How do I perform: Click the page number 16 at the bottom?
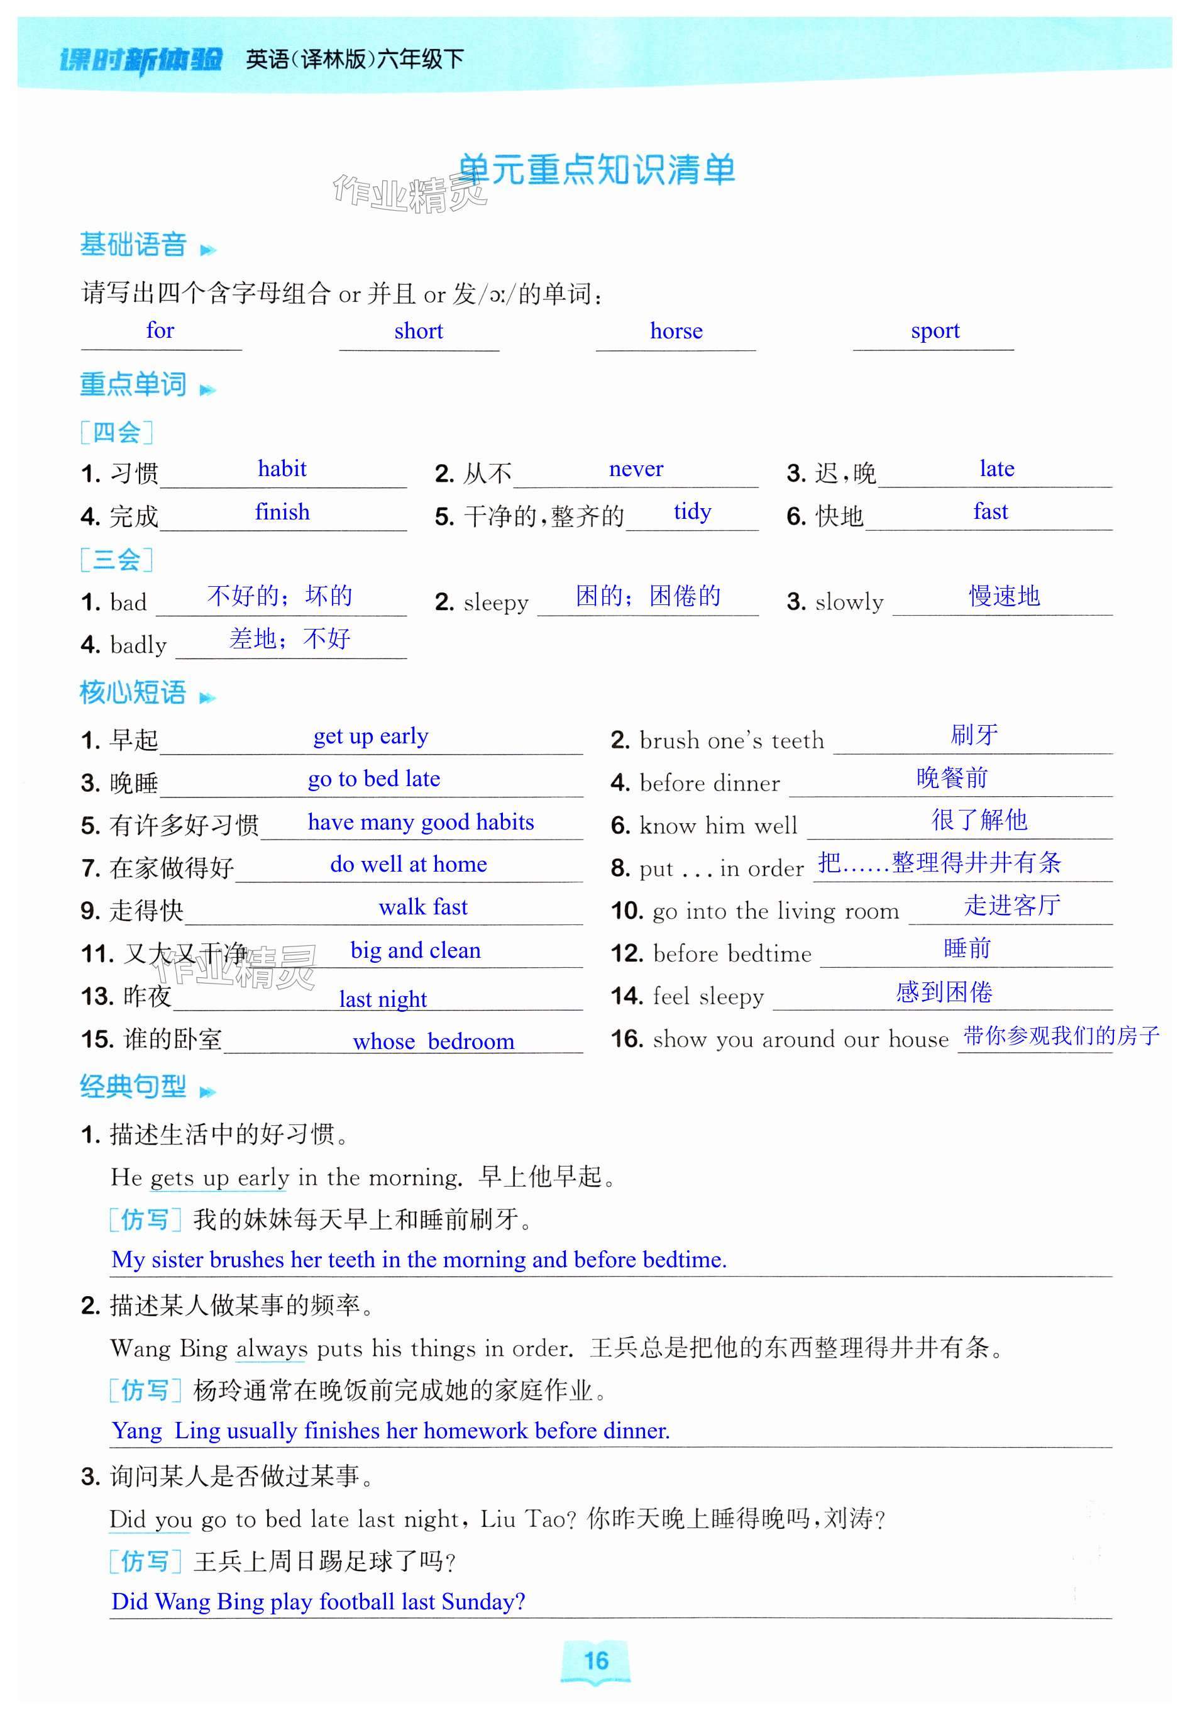pyautogui.click(x=596, y=1661)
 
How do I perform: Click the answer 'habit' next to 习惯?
pyautogui.click(x=282, y=469)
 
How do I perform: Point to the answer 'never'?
pyautogui.click(x=636, y=469)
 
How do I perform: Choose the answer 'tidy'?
pyautogui.click(x=692, y=512)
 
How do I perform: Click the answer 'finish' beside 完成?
pyautogui.click(x=282, y=512)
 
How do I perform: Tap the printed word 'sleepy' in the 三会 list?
pyautogui.click(x=496, y=602)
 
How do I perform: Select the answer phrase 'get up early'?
pyautogui.click(x=370, y=736)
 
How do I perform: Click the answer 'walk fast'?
pyautogui.click(x=423, y=907)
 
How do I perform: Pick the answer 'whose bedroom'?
pyautogui.click(x=433, y=1041)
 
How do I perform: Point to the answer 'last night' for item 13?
pyautogui.click(x=382, y=999)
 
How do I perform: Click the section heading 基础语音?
pyautogui.click(x=133, y=245)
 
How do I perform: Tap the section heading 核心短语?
pyautogui.click(x=133, y=693)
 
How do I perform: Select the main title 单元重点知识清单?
pyautogui.click(x=596, y=170)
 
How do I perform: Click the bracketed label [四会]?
pyautogui.click(x=116, y=432)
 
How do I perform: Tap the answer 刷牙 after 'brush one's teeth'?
pyautogui.click(x=974, y=735)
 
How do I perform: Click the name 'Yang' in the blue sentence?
pyautogui.click(x=136, y=1431)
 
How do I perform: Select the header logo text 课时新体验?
pyautogui.click(x=140, y=59)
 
